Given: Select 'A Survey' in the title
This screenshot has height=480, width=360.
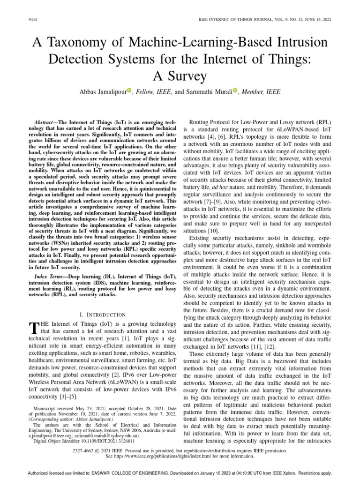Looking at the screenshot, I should tap(180, 76).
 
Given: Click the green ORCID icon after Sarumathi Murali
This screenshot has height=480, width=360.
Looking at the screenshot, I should tap(235, 91).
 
